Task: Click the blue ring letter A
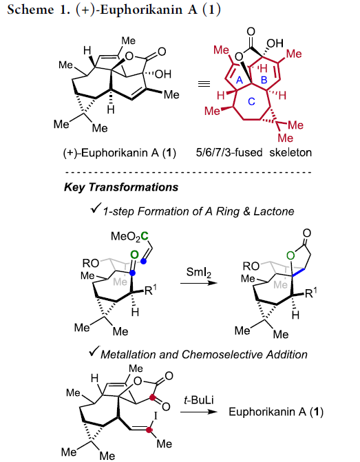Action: [x=240, y=80]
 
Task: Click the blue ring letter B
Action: [x=264, y=80]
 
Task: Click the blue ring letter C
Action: [x=251, y=101]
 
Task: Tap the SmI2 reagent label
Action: [x=198, y=272]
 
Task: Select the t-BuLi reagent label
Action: [x=198, y=400]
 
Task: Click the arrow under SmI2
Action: [x=198, y=283]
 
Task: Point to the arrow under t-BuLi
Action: [x=198, y=412]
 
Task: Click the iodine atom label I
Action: [x=156, y=415]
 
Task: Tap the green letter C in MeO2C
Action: [x=145, y=235]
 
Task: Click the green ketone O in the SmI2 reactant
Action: [x=134, y=255]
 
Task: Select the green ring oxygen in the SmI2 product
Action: [x=290, y=255]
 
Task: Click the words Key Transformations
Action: [x=121, y=187]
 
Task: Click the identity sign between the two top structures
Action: [x=204, y=84]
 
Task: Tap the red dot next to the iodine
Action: [x=149, y=430]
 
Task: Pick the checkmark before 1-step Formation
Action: [x=96, y=208]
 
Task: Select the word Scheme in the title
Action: [x=30, y=10]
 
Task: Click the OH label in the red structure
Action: [x=275, y=43]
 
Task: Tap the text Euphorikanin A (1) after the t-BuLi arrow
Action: [x=276, y=412]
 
